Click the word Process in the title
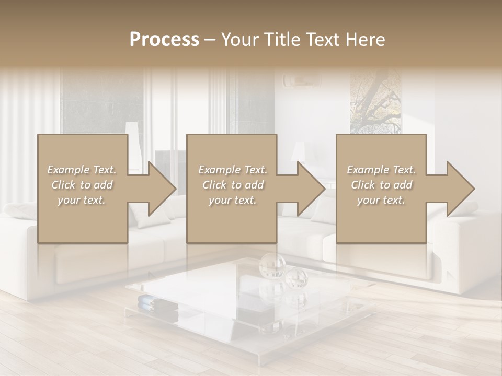[x=164, y=39]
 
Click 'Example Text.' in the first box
[x=82, y=170]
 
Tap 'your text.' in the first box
[x=82, y=200]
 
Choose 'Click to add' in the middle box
[x=232, y=185]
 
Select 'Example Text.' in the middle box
[x=232, y=170]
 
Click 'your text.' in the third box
[x=381, y=200]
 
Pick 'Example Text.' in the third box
[x=381, y=170]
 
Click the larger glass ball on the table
[x=272, y=265]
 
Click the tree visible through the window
[x=375, y=99]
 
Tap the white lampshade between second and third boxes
[x=299, y=151]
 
